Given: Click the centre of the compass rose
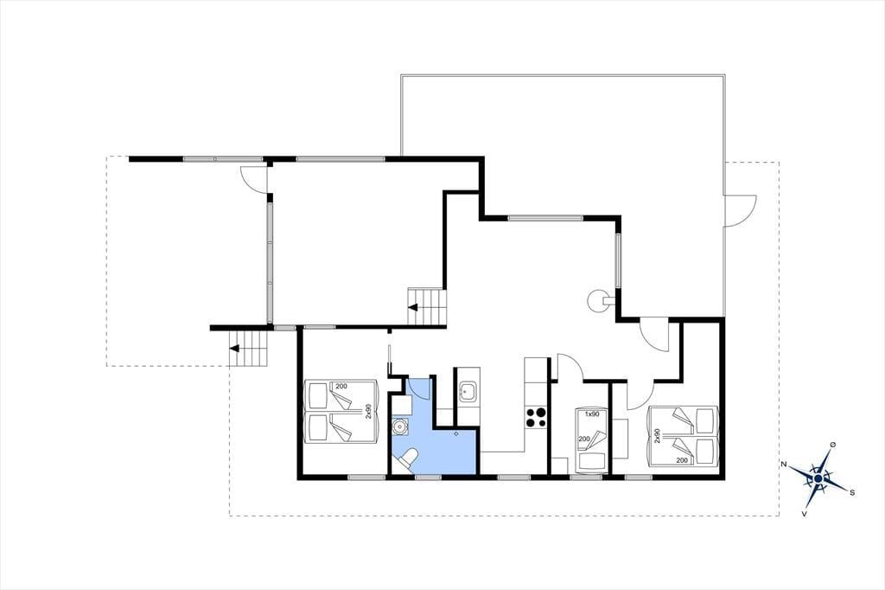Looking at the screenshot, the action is click(x=818, y=478).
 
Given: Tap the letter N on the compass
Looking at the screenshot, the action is click(x=783, y=464).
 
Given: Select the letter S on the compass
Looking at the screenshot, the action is click(x=851, y=492).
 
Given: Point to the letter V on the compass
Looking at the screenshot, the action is click(x=804, y=514).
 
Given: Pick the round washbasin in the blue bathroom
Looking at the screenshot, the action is click(x=401, y=426).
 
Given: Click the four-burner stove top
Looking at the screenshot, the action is click(x=536, y=417).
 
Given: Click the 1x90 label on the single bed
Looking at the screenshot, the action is click(x=591, y=414).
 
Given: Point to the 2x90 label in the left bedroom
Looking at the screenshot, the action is click(x=368, y=411).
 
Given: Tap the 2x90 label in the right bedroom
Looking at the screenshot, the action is click(x=657, y=436).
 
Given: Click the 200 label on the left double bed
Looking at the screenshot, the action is click(x=341, y=387).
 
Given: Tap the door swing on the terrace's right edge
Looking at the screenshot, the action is click(x=740, y=210).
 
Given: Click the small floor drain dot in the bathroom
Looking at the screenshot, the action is click(x=456, y=434).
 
